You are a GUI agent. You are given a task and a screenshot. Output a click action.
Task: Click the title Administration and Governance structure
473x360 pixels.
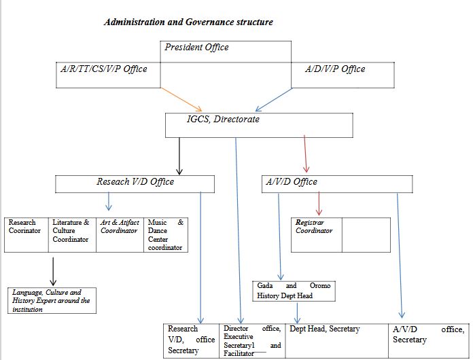click(188, 22)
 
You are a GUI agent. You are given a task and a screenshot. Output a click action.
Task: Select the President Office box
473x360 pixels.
click(197, 48)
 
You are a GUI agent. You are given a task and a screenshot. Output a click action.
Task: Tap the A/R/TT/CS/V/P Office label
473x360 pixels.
click(103, 69)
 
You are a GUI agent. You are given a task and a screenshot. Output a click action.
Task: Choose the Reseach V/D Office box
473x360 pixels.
click(135, 183)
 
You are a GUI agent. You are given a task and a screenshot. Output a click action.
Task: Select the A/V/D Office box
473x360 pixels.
click(290, 182)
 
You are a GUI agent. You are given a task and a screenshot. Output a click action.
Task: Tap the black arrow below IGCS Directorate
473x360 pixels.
click(179, 156)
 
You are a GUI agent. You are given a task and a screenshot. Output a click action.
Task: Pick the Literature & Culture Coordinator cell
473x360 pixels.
click(71, 231)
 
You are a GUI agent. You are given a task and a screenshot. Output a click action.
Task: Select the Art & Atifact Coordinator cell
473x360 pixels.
click(120, 227)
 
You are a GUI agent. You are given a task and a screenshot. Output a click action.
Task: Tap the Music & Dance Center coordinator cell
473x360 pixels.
click(165, 235)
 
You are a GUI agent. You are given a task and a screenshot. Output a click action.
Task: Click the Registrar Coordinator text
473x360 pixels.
click(314, 227)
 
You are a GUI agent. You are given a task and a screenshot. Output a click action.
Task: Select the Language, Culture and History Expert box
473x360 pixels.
click(52, 300)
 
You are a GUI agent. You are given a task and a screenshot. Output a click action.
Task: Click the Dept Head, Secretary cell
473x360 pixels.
click(324, 329)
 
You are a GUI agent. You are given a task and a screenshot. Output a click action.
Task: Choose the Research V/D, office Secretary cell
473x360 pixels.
click(192, 340)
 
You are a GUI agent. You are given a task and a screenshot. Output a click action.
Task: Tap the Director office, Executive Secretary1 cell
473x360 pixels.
click(251, 340)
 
